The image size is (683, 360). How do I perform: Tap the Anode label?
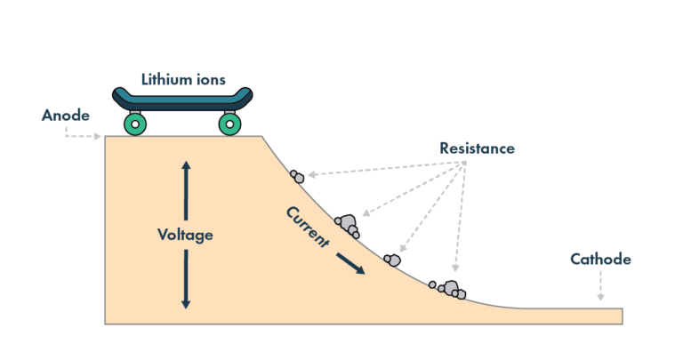point(66,116)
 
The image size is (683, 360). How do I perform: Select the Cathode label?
point(600,260)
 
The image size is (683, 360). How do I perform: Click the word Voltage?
point(185,235)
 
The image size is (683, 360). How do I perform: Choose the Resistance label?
point(477,148)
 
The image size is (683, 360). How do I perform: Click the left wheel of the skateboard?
point(135,124)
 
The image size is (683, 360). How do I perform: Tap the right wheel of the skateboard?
point(230,124)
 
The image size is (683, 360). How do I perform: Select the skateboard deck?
point(182,99)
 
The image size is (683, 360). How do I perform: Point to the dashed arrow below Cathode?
point(600,286)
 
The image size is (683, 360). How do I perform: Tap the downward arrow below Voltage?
point(185,279)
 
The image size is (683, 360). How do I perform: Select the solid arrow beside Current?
point(350,264)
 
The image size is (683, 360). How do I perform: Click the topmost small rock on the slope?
point(297,177)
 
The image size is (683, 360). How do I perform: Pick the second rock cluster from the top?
point(347,224)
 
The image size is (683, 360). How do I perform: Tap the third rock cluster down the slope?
point(391,260)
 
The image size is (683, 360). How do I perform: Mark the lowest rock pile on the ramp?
point(449,289)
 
